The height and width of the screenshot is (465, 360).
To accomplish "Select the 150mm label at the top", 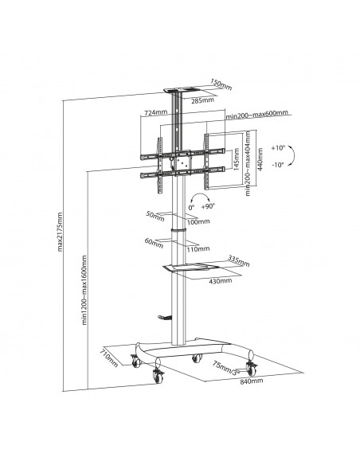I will (220, 81).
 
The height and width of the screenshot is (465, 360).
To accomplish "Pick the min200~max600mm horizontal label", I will (256, 115).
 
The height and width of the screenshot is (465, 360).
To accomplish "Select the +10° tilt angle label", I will (276, 149).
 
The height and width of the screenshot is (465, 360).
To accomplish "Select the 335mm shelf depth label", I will (237, 260).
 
